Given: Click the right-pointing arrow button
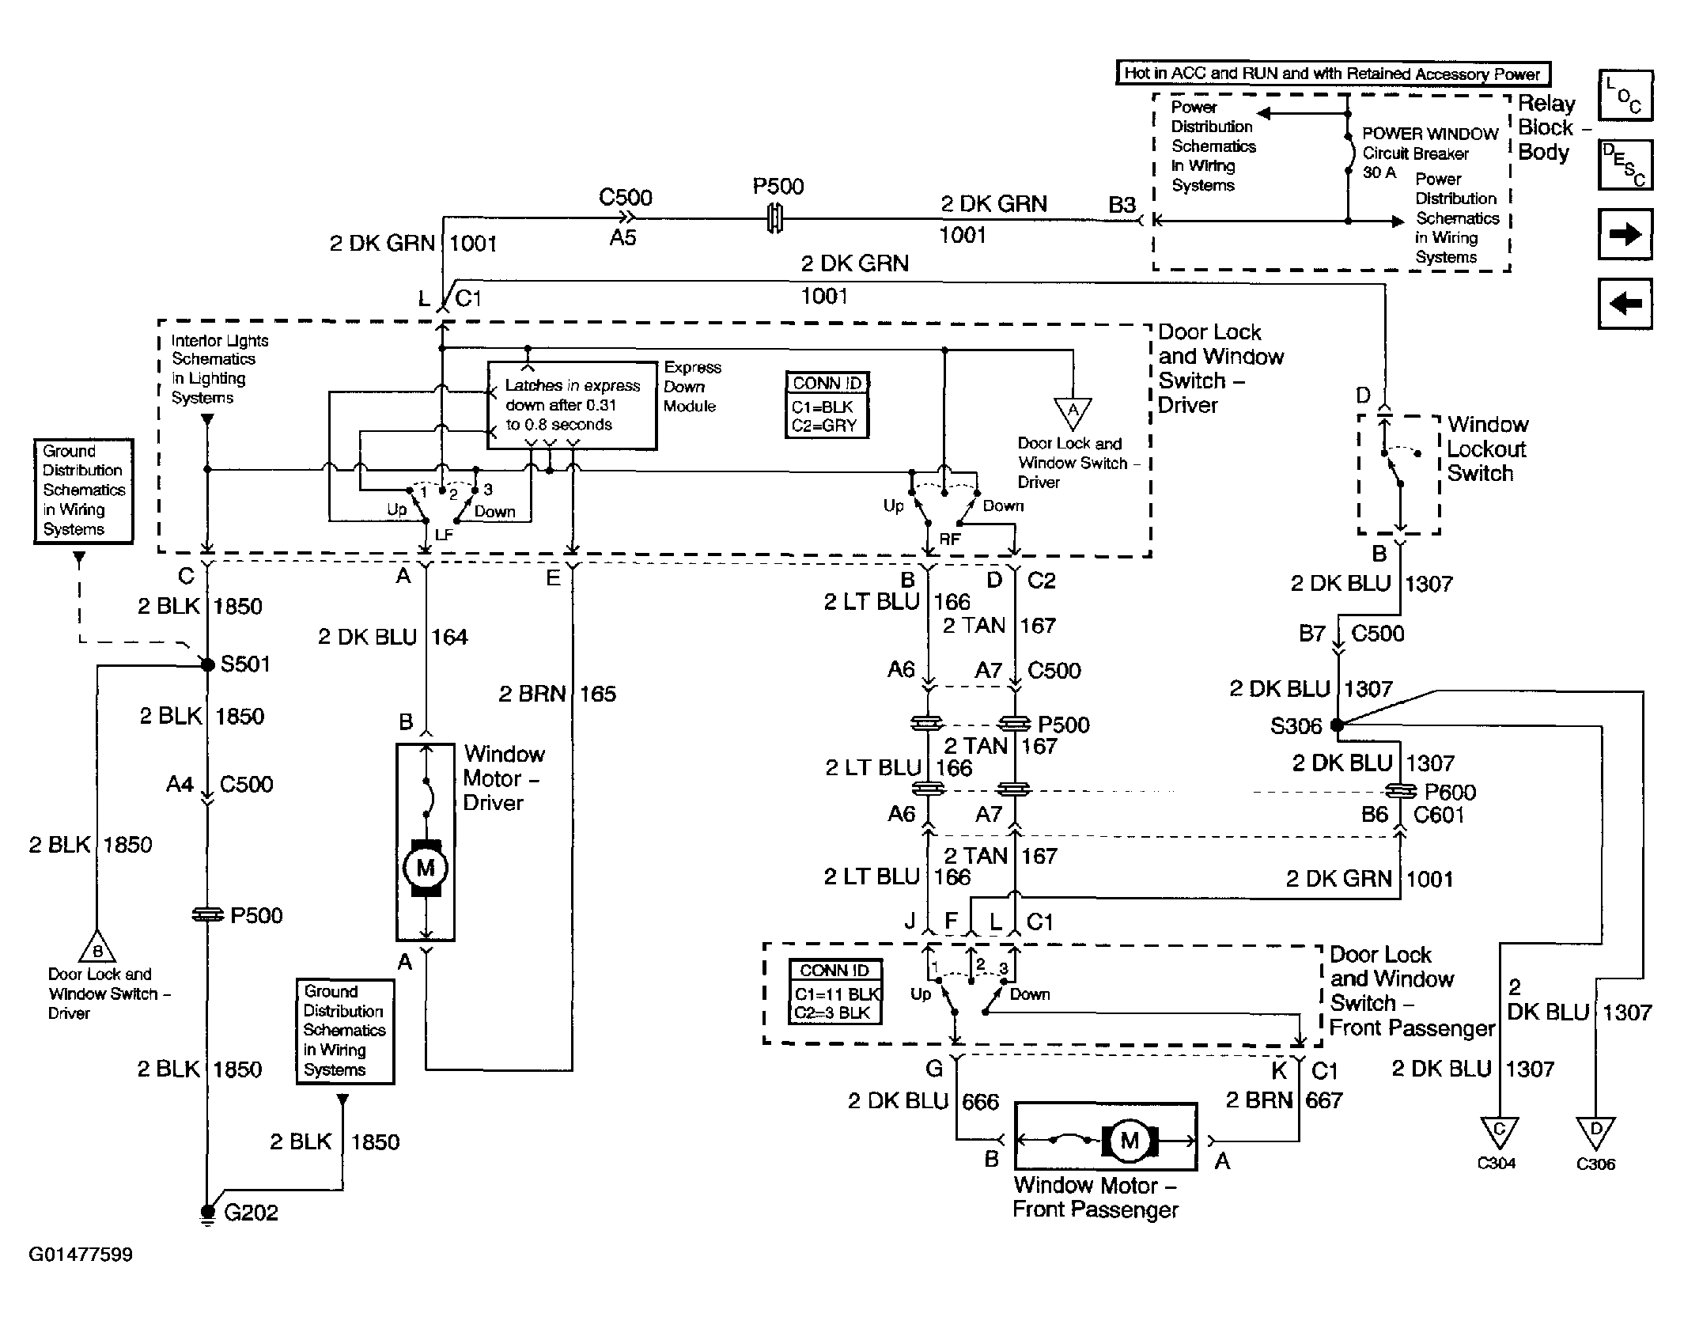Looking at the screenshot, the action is coord(1625,234).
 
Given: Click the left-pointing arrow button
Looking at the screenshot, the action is coord(1625,303).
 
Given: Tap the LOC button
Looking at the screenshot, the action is coord(1625,96).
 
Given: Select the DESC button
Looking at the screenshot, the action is coord(1625,165).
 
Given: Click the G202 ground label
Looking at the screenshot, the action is coord(251,1213).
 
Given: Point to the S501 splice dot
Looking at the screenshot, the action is coord(208,665).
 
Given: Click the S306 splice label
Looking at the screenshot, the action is coord(1296,725).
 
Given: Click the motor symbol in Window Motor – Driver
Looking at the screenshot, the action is coord(426,868).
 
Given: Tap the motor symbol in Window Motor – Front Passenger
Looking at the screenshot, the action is coord(1130,1140).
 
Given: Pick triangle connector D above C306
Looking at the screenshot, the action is coord(1595,1132).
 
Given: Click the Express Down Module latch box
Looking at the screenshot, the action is coord(572,406).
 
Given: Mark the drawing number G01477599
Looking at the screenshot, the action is coord(81,1255).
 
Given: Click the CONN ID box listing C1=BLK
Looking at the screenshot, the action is coord(827,405).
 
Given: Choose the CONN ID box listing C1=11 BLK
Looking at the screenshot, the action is coord(835,991).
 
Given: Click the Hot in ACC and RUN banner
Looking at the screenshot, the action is coord(1332,74).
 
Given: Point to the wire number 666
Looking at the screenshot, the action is coord(980,1102).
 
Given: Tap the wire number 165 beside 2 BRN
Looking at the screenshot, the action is coord(597,694).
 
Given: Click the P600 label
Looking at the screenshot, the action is coord(1450,792).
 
